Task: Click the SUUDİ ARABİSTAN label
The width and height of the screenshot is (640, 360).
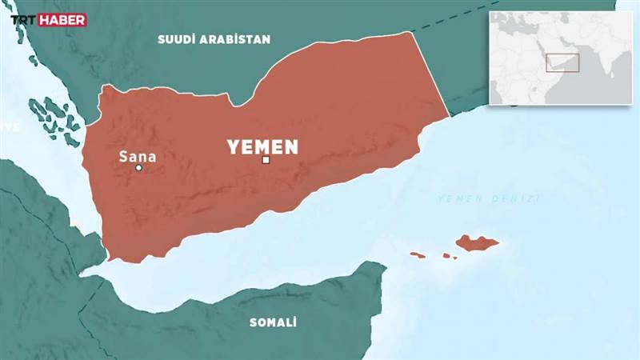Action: [214, 39]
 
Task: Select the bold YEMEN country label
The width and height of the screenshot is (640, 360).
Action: [262, 147]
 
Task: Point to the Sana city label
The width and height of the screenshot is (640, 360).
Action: [137, 156]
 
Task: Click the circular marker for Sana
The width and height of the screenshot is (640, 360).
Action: [138, 168]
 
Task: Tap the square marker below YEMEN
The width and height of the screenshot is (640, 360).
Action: [266, 161]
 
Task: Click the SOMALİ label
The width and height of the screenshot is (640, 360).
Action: [273, 322]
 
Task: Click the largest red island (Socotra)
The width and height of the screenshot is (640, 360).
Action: [478, 242]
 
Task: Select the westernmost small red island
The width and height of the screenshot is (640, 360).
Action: [418, 255]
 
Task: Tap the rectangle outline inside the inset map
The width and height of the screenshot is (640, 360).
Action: [562, 63]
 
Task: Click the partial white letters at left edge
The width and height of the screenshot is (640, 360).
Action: [8, 127]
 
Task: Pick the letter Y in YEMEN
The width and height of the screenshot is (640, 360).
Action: [234, 147]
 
